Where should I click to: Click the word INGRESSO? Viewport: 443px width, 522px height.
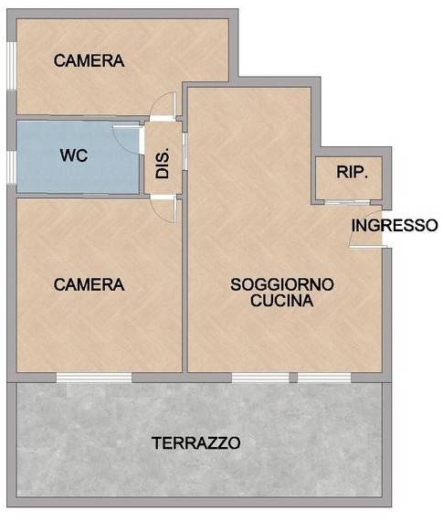395,225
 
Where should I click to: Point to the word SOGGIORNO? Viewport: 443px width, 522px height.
281,284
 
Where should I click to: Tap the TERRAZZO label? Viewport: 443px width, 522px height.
196,444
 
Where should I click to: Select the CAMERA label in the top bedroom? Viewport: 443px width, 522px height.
89,61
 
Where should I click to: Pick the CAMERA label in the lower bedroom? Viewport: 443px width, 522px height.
89,284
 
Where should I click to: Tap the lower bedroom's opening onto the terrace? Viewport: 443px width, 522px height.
94,377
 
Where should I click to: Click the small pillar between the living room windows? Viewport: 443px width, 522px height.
293,377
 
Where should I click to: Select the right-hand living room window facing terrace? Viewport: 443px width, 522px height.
325,377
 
